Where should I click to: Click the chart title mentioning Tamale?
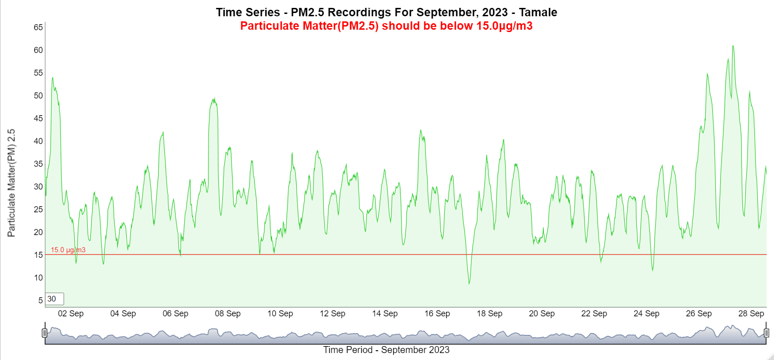[386, 13]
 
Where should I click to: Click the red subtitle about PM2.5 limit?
[386, 26]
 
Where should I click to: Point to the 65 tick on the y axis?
[38, 27]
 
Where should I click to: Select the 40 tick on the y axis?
[38, 141]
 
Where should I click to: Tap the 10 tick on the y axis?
[38, 278]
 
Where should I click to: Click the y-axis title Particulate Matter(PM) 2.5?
[11, 183]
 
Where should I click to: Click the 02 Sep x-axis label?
[71, 314]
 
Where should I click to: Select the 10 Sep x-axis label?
[280, 314]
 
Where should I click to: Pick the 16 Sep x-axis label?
[437, 314]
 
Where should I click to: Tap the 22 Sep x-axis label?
[594, 314]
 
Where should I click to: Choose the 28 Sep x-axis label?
[751, 314]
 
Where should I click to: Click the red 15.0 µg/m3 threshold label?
[68, 250]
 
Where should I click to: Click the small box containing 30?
[55, 299]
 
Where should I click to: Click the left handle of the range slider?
[45, 333]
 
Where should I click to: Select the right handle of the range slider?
[766, 333]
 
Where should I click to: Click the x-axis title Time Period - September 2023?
[386, 350]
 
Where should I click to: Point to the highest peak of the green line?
[733, 46]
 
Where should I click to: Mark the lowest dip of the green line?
[469, 283]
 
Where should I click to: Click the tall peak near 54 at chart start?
[52, 78]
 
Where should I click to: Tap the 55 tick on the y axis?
[38, 73]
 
